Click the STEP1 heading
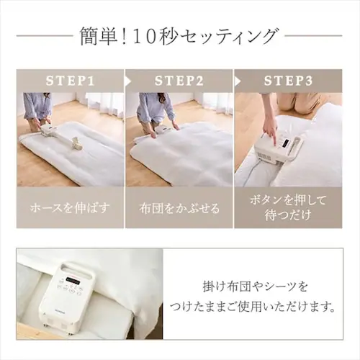[x=70, y=81]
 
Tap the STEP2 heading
[x=179, y=81]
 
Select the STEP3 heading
[x=288, y=81]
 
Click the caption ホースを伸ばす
[x=70, y=208]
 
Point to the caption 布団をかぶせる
[x=179, y=208]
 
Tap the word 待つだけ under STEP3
[x=288, y=215]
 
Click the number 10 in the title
[x=144, y=37]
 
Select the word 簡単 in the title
[x=98, y=37]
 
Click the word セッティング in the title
[x=228, y=37]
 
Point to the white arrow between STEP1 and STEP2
[x=128, y=81]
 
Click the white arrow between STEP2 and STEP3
[x=238, y=81]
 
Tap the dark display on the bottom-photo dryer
[x=72, y=279]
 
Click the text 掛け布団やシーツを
[x=255, y=287]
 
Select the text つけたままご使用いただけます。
[x=252, y=307]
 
